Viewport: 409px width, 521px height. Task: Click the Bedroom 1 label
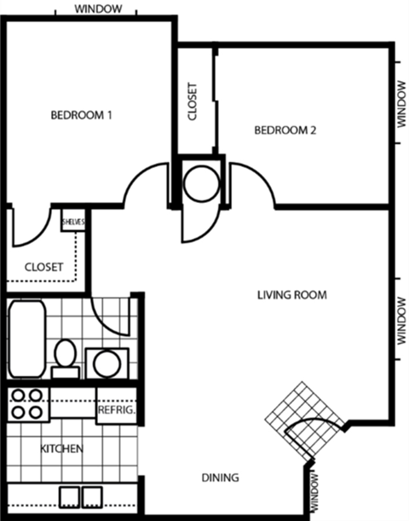81,115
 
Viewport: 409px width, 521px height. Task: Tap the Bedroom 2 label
285,130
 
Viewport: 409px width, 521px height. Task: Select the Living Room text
292,295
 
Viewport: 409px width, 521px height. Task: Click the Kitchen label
62,448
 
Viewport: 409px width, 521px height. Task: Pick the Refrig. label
117,410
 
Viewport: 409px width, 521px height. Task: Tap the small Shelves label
73,222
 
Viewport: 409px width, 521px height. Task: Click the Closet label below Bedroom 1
43,267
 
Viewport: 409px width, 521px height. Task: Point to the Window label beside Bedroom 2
401,105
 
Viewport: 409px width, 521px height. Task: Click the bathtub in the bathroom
26,339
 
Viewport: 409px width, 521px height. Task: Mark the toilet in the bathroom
65,356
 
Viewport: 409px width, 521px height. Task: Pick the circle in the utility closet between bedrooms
202,182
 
